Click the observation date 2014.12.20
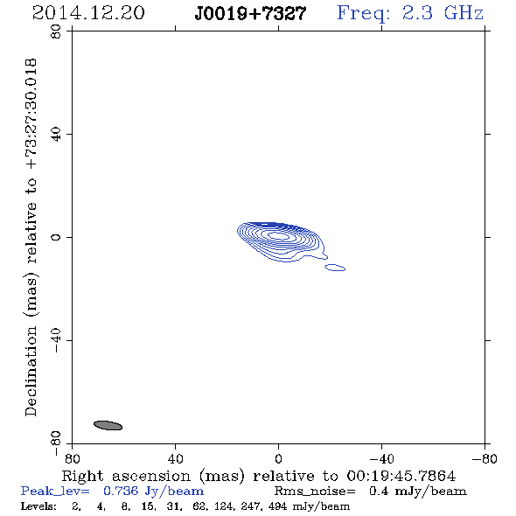pyautogui.click(x=88, y=13)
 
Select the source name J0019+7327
pyautogui.click(x=250, y=14)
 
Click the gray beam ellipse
pyautogui.click(x=108, y=425)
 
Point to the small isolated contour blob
pyautogui.click(x=335, y=268)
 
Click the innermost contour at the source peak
pyautogui.click(x=278, y=235)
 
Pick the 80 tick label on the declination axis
pyautogui.click(x=56, y=31)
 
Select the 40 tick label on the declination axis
pyautogui.click(x=56, y=135)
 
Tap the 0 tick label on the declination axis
pyautogui.click(x=56, y=237)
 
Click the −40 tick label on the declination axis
pyautogui.click(x=56, y=340)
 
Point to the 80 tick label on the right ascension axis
pyautogui.click(x=72, y=459)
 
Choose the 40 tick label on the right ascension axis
pyautogui.click(x=175, y=459)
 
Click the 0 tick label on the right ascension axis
pyautogui.click(x=278, y=459)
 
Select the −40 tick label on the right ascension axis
pyautogui.click(x=381, y=459)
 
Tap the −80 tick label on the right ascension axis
pyautogui.click(x=485, y=459)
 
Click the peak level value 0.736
pyautogui.click(x=121, y=491)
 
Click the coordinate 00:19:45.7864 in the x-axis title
pyautogui.click(x=401, y=476)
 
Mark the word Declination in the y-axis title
pyautogui.click(x=31, y=371)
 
